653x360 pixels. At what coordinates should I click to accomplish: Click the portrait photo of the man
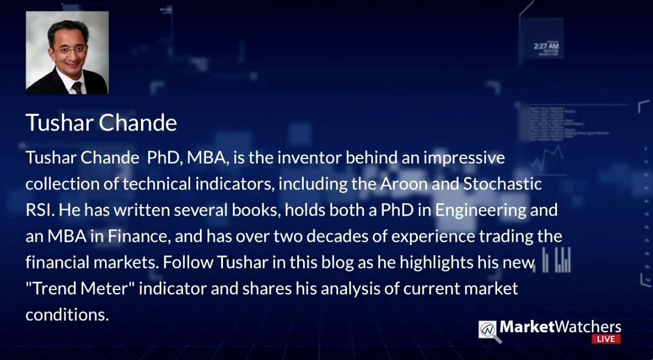67,52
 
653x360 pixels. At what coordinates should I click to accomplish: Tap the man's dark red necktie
77,88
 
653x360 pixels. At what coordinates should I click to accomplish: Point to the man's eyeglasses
69,50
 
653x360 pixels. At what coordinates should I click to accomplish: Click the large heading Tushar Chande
101,123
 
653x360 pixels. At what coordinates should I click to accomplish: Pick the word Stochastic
502,184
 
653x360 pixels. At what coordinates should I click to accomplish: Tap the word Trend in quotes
54,288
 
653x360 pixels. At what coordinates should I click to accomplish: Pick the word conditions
67,314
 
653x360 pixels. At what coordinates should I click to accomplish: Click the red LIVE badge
606,339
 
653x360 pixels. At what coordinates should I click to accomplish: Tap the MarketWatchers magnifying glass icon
490,331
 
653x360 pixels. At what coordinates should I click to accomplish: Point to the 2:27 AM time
546,46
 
